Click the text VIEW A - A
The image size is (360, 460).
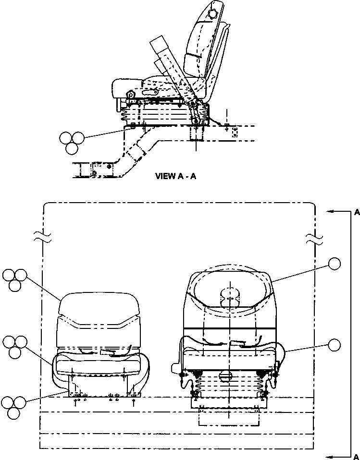tap(175, 176)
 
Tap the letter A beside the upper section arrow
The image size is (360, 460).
tap(356, 211)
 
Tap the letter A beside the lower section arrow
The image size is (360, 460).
tap(356, 456)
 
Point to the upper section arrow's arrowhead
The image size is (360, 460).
tap(330, 211)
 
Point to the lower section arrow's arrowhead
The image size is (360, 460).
tap(330, 456)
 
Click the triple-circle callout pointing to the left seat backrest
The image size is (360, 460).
tap(14, 279)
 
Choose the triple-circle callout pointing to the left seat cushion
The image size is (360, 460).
tap(14, 346)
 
